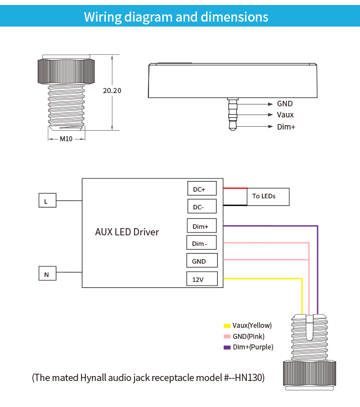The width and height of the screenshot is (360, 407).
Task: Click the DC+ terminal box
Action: pos(199,189)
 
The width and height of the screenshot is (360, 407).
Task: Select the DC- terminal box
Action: pos(199,207)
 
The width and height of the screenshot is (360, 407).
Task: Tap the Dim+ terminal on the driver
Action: pos(200,226)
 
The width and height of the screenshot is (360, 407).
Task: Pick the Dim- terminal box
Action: pos(199,244)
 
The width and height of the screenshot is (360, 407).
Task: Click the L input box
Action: pos(46,201)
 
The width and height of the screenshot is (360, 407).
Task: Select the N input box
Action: pos(46,274)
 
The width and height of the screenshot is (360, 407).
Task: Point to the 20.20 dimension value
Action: pos(112,91)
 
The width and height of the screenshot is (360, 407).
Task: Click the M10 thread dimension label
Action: pos(66,138)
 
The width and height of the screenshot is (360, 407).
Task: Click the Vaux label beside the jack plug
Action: pos(285,115)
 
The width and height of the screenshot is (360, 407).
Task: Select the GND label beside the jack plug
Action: pos(285,104)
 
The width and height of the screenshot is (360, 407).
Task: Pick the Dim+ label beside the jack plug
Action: pos(286,127)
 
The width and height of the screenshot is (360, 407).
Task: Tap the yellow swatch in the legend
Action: pos(227,326)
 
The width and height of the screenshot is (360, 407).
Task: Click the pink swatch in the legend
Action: pos(227,337)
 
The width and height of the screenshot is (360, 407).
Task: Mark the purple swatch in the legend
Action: pos(227,347)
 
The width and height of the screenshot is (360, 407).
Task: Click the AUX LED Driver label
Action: pos(127,232)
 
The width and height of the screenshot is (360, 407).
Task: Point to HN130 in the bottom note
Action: pos(249,378)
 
